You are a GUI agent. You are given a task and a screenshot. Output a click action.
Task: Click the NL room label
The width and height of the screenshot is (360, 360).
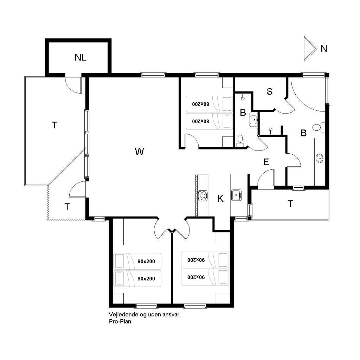pos(81,57)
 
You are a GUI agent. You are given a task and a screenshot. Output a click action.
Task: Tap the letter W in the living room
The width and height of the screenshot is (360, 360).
pos(139,152)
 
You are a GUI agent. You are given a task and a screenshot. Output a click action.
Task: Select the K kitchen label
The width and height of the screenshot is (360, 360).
pos(220,199)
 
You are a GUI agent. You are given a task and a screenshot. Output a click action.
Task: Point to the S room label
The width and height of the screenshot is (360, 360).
pos(270,92)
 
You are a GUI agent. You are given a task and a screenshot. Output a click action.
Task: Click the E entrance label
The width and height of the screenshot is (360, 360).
pos(266,162)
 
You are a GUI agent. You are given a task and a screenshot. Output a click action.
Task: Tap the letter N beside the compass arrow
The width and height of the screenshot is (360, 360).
pos(324,49)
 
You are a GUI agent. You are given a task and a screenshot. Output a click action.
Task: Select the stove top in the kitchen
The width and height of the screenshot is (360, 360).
pos(203,196)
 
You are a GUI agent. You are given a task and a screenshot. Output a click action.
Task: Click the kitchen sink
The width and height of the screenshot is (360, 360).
pos(236,195)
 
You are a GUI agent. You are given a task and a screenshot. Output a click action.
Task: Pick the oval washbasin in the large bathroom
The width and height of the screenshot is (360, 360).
pos(319,159)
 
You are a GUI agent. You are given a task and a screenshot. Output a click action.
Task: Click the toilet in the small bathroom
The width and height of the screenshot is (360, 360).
pos(240,141)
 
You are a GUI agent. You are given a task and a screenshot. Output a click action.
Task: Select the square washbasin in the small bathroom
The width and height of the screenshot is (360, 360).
pos(253,120)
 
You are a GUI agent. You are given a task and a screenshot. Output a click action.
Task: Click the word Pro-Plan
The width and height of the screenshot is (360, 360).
pos(120,321)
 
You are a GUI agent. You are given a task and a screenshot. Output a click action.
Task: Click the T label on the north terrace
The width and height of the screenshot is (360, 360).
pos(290,204)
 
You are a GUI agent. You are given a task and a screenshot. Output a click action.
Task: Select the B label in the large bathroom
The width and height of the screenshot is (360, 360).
pos(303,133)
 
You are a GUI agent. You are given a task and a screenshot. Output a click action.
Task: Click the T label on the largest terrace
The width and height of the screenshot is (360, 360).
pos(54,126)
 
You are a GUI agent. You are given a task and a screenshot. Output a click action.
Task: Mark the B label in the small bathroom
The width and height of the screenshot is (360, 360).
pos(243,113)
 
